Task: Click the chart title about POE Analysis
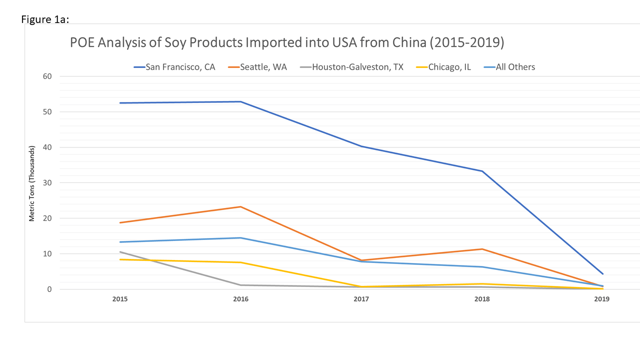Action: (x=286, y=43)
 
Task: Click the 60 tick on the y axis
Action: (x=47, y=76)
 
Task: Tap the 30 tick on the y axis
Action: (x=47, y=183)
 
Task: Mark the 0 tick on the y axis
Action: (x=49, y=289)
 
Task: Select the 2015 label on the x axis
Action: (x=120, y=299)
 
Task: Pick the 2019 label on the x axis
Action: (x=602, y=299)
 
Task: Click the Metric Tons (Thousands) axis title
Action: (x=32, y=183)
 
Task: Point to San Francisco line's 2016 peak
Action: (x=240, y=101)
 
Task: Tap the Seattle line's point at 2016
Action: (x=240, y=206)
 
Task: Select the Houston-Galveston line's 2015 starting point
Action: (x=120, y=252)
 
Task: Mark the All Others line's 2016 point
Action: (x=240, y=237)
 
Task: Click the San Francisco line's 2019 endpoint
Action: (x=602, y=273)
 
